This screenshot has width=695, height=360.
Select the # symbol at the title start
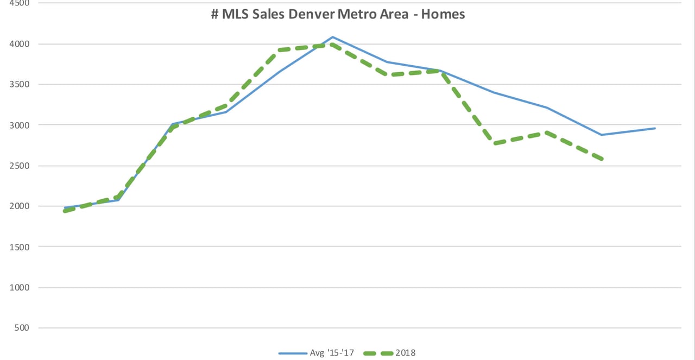pyautogui.click(x=215, y=14)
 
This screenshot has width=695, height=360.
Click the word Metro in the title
pyautogui.click(x=356, y=14)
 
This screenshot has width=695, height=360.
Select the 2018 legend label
pyautogui.click(x=406, y=353)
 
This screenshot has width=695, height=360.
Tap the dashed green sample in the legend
pyautogui.click(x=380, y=353)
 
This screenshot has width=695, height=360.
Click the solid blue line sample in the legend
pyautogui.click(x=292, y=353)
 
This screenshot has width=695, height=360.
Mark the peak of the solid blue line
pyautogui.click(x=332, y=37)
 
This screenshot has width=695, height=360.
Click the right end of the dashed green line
pyautogui.click(x=602, y=159)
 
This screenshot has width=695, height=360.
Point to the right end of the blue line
pyautogui.click(x=655, y=128)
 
